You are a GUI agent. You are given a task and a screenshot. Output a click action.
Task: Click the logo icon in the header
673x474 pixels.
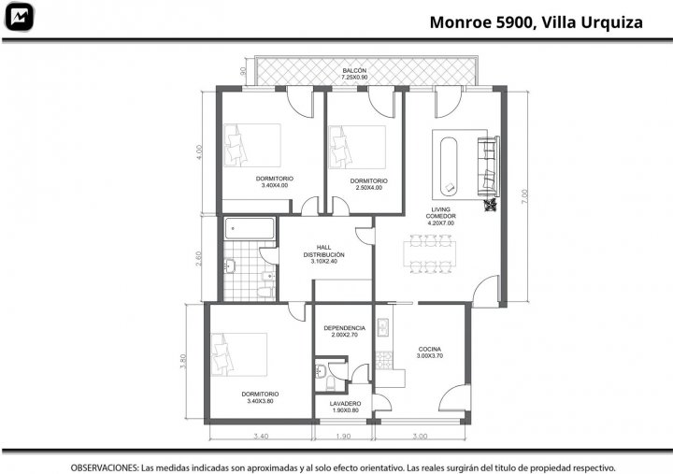coord(19,17)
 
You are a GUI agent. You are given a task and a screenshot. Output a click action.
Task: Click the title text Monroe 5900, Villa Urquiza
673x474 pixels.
coord(537,22)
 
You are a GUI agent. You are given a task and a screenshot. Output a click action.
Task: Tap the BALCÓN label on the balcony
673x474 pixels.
coord(354,70)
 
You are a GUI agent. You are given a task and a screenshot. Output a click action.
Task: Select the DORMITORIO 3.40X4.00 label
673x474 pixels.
coord(275,182)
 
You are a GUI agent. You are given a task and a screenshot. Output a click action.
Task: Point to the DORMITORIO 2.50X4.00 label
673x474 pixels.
coord(368,184)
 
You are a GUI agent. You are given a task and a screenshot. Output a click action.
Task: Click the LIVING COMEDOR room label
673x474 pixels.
coord(441,216)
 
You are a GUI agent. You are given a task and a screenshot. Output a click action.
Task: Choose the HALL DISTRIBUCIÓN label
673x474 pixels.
coord(324,254)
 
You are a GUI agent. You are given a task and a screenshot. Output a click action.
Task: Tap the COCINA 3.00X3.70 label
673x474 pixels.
coord(430,352)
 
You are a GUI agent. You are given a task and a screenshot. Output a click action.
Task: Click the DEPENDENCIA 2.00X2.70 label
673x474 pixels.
coord(345,332)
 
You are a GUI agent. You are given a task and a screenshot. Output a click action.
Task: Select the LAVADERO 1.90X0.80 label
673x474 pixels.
coord(346,407)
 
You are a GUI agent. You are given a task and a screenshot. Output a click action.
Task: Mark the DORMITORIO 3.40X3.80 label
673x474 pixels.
coord(260,397)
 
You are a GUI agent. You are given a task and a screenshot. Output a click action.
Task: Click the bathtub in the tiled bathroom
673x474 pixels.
coord(250,228)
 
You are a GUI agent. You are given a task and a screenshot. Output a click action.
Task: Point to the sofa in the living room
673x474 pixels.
coord(489,166)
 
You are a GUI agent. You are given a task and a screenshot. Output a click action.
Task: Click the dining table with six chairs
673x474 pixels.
coord(430,253)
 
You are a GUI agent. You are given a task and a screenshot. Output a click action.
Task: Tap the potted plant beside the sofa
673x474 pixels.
coord(490,205)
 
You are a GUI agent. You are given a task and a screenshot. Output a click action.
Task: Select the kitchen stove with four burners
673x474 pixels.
coord(384,360)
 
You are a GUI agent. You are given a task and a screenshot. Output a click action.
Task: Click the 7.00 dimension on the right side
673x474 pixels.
coord(524,196)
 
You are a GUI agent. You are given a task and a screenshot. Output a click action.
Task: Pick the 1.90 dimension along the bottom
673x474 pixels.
coord(343,437)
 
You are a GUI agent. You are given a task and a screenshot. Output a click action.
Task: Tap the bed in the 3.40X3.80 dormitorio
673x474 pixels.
coord(239,354)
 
